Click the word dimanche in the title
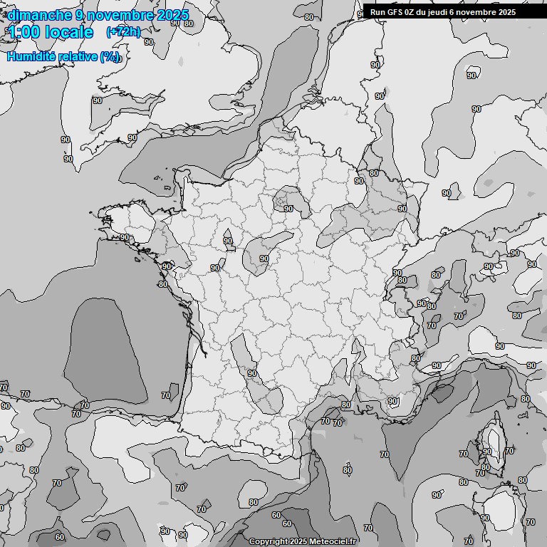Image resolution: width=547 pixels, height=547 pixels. click(x=39, y=15)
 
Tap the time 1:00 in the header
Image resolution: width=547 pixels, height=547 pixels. click(x=23, y=32)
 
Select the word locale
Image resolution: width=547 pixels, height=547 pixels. click(x=69, y=32)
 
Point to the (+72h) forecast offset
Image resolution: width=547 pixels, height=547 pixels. click(x=123, y=32)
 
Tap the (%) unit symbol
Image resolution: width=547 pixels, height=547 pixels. click(x=110, y=57)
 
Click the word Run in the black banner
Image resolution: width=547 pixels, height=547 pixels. click(x=377, y=12)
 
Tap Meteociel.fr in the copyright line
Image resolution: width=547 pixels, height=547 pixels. click(x=333, y=541)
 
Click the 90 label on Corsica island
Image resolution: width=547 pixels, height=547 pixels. click(x=487, y=452)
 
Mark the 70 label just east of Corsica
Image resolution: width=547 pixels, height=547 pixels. click(x=509, y=451)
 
